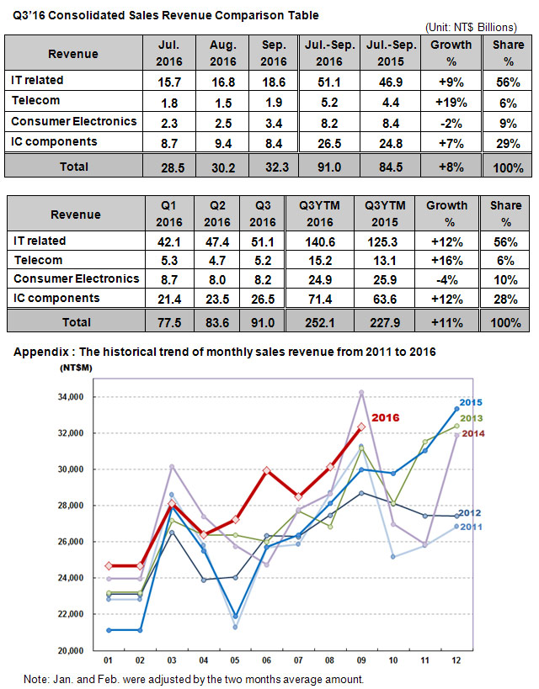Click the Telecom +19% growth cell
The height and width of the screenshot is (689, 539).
[x=451, y=103]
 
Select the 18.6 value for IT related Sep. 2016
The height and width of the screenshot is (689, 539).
[x=273, y=82]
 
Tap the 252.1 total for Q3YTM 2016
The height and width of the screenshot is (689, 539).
[x=320, y=323]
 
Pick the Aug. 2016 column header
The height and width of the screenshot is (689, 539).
[x=223, y=53]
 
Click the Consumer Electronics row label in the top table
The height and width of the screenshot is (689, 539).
[x=74, y=121]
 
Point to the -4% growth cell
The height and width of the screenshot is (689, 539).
[x=446, y=280]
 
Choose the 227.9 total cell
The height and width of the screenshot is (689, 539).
[x=385, y=323]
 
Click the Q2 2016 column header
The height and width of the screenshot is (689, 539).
[x=217, y=214]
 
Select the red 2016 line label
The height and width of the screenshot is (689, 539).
[x=386, y=417]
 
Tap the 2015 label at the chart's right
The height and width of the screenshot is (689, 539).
[x=471, y=402]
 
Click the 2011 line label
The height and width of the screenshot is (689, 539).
[x=471, y=527]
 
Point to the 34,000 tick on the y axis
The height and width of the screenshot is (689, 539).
[x=71, y=397]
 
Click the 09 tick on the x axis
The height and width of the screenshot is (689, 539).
[x=361, y=660]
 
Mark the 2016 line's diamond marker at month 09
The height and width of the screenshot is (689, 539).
[x=361, y=427]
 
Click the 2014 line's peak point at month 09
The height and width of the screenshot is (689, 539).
[x=361, y=392]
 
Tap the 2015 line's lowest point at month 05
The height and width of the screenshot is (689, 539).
[x=236, y=616]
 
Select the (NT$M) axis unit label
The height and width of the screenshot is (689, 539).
[x=76, y=368]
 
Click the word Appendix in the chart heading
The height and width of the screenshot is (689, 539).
[x=41, y=352]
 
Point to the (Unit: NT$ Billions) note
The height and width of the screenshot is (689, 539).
[x=471, y=27]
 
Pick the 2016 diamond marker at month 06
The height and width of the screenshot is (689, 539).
[x=267, y=470]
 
